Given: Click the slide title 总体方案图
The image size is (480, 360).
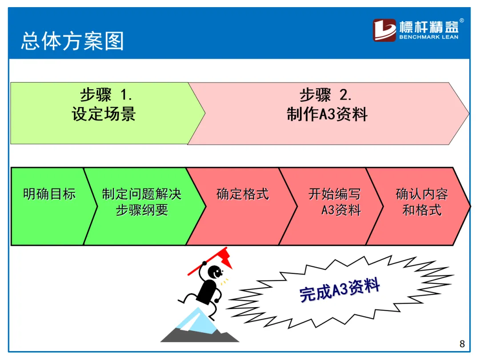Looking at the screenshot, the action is [x=72, y=41].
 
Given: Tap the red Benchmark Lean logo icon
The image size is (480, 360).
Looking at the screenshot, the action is [x=384, y=30].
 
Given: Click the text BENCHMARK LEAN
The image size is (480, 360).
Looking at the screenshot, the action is [x=428, y=37].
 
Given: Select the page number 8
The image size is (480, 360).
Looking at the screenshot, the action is [x=462, y=344].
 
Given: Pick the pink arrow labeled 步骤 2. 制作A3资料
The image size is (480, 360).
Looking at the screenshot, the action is [x=327, y=113].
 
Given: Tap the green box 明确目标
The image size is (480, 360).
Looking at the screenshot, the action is [x=49, y=194].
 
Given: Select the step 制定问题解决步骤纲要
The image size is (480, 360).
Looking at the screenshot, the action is [x=142, y=202].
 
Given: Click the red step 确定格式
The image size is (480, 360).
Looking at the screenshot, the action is [x=243, y=194].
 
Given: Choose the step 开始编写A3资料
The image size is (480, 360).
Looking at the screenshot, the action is [x=335, y=202].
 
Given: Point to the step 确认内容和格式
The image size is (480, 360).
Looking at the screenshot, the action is [x=421, y=202].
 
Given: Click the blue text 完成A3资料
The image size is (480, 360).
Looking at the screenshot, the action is [x=340, y=290].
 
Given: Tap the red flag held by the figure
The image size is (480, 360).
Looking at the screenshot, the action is [x=223, y=258].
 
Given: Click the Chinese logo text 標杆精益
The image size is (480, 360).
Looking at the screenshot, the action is [x=428, y=26].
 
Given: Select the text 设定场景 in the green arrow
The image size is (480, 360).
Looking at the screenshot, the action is [x=104, y=115].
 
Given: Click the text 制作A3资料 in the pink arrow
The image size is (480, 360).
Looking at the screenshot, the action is [x=327, y=115].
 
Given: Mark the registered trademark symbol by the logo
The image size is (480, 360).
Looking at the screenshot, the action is [x=462, y=20].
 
